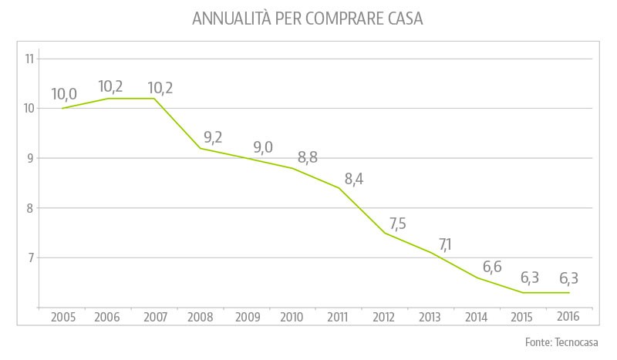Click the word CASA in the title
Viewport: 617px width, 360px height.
tap(401, 19)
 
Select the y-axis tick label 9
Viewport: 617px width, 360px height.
tap(31, 158)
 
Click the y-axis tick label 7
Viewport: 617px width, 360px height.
tap(31, 257)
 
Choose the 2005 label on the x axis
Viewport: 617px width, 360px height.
tap(62, 317)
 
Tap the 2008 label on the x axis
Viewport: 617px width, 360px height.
tap(201, 317)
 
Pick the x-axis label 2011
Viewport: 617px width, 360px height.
tap(339, 317)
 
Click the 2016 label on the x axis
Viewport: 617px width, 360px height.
tap(569, 317)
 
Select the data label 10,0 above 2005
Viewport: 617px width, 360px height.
tap(64, 94)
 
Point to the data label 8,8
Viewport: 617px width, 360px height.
tap(305, 157)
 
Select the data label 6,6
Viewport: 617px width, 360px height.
tap(491, 267)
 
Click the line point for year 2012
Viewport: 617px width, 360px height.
tap(385, 233)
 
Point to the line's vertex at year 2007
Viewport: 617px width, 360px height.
tap(154, 98)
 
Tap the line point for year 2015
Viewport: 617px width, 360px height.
tap(523, 293)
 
